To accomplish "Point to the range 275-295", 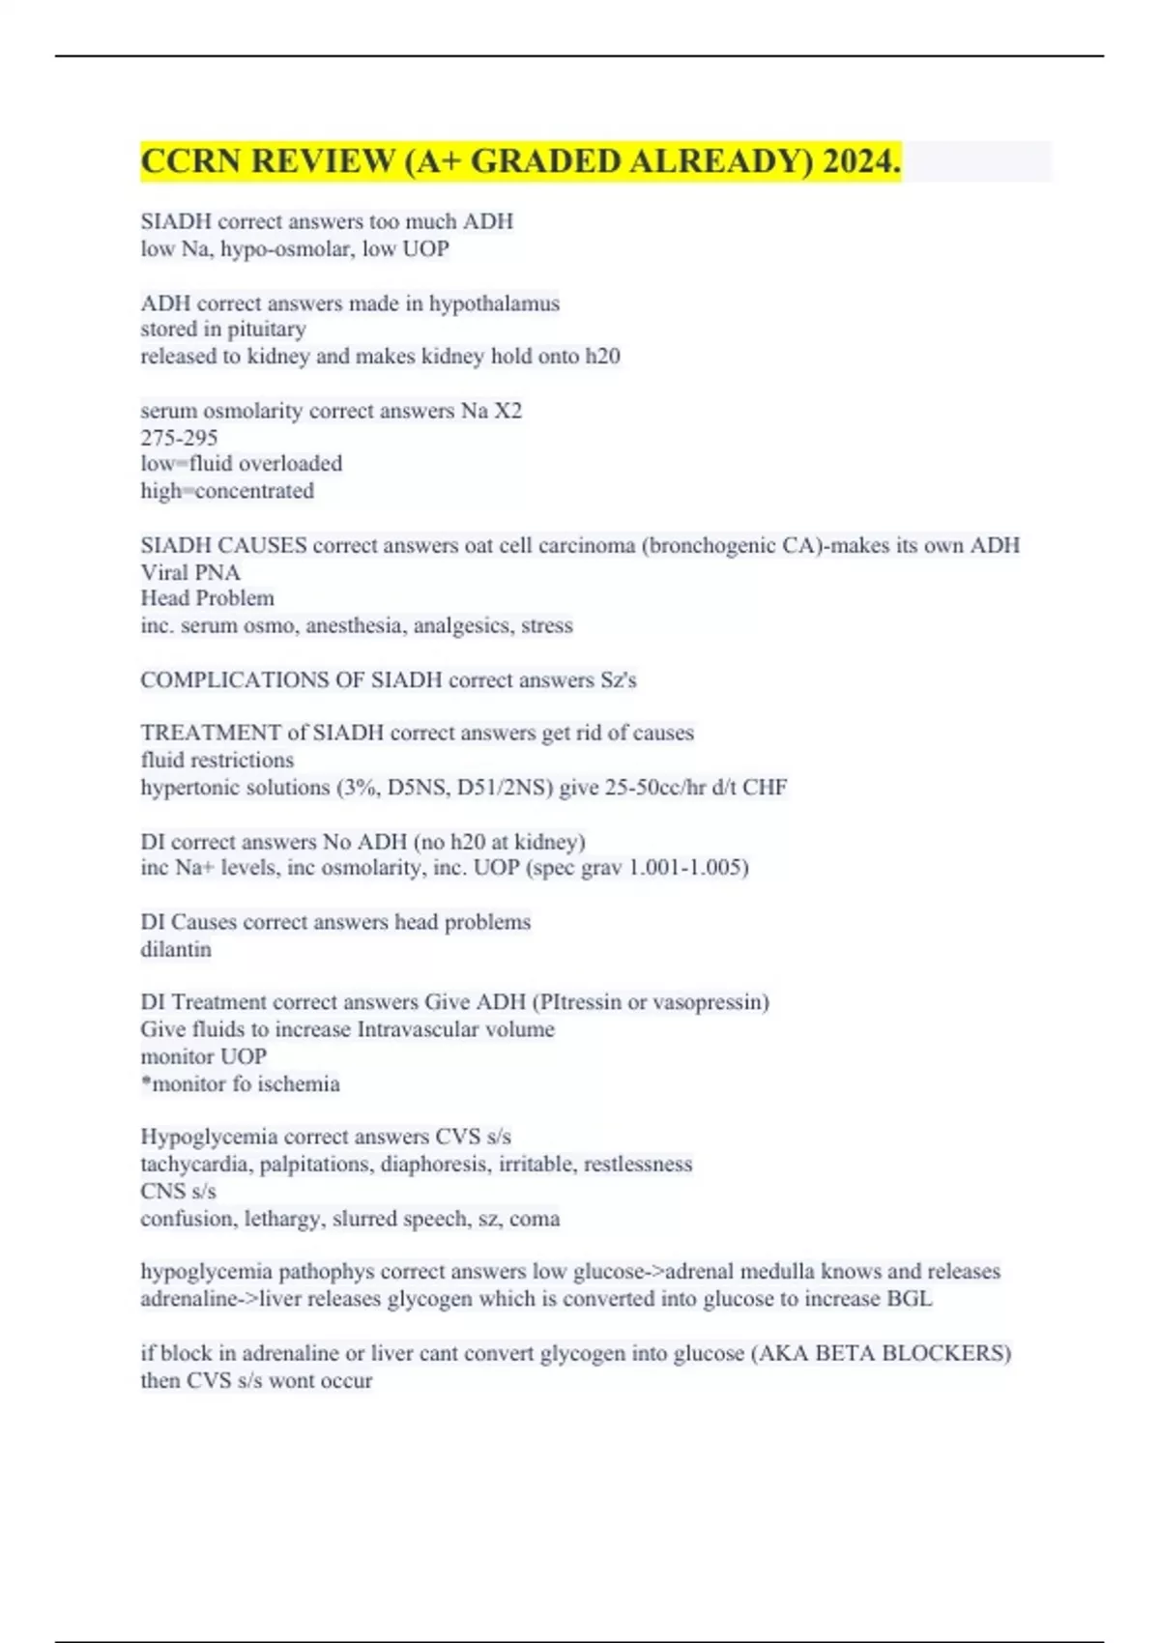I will pyautogui.click(x=179, y=438).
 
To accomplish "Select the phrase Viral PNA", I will pyautogui.click(x=190, y=572).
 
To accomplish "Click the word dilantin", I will pyautogui.click(x=175, y=949).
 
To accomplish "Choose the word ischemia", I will pyautogui.click(x=299, y=1084).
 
